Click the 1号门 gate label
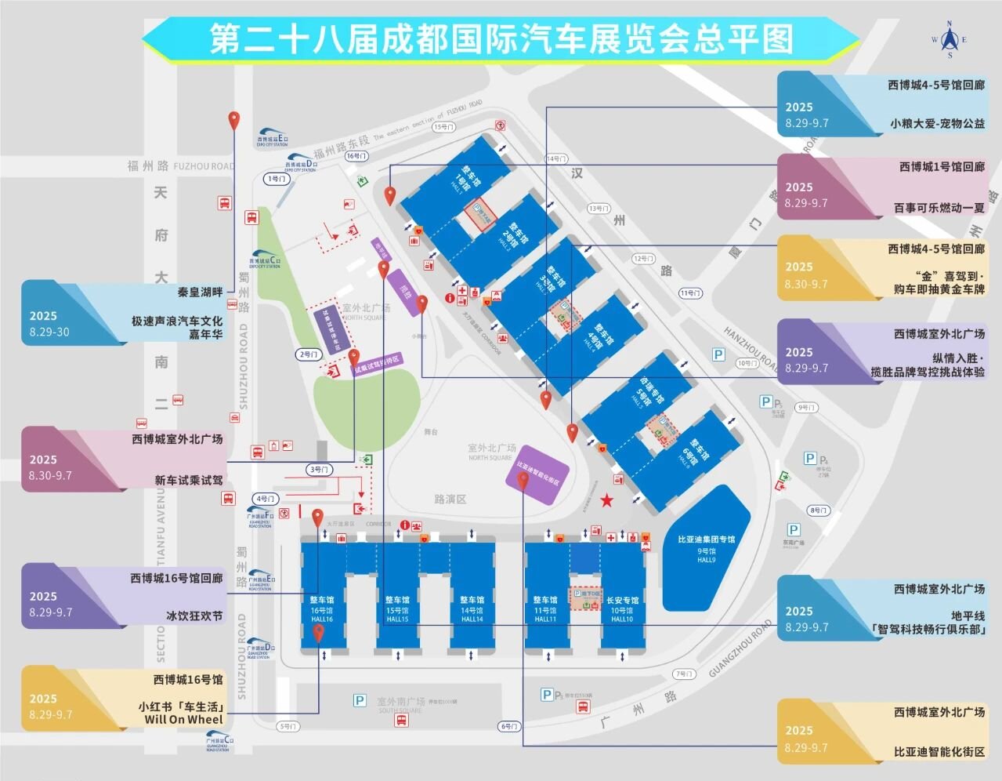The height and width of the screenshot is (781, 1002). [277, 179]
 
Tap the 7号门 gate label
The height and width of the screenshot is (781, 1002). [684, 674]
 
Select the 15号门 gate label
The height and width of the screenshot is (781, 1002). [443, 127]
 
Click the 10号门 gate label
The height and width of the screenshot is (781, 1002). [747, 363]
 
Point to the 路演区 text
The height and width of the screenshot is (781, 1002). [450, 499]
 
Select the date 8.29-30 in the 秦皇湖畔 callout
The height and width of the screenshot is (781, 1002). [49, 332]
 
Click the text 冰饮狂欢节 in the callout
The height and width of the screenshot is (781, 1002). [194, 616]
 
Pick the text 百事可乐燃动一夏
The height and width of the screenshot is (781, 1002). [939, 208]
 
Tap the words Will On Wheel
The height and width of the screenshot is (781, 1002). [183, 719]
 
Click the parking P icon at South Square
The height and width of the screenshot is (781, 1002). [360, 700]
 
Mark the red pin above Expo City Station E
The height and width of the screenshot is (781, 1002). [233, 121]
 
